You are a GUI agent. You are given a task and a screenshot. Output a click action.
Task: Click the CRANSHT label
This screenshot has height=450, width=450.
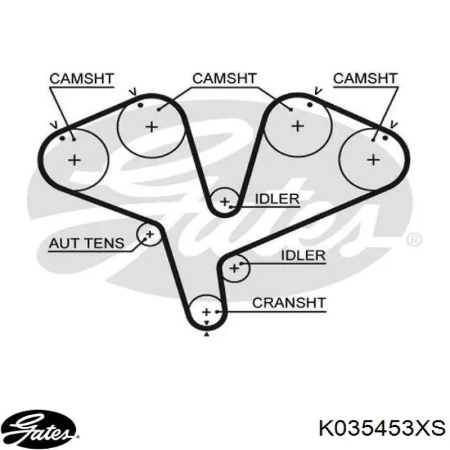coord(289,302)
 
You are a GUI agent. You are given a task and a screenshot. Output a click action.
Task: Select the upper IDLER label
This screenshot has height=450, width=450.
coord(277,199)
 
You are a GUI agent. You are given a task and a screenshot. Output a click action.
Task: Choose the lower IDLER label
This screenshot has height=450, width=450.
coord(303,255)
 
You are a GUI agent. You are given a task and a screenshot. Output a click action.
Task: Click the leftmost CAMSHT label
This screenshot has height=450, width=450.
coord(82,79)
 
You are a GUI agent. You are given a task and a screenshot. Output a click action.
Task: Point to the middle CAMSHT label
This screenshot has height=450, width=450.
coord(224,78)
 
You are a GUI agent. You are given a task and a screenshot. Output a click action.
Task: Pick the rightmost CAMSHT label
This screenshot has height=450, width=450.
coord(365,78)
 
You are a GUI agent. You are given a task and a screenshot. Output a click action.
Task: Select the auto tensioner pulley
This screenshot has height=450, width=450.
coord(148,235)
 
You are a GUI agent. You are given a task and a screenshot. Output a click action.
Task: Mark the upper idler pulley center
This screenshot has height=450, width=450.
coord(224,202)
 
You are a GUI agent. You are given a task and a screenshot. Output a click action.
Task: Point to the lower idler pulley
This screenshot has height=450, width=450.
coord(235,267)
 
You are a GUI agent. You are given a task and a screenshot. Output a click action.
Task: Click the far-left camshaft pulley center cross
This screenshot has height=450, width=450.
coord(75,159)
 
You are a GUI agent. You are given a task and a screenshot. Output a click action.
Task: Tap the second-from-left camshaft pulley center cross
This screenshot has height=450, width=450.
coord(151,127)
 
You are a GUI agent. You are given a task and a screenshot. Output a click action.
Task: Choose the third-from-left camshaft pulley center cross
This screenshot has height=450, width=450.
coord(298,125)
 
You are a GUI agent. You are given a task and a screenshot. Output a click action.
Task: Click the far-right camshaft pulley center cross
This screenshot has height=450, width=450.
coord(373,158)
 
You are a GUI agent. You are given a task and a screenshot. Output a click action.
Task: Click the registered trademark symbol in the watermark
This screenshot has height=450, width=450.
coord(415,239)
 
